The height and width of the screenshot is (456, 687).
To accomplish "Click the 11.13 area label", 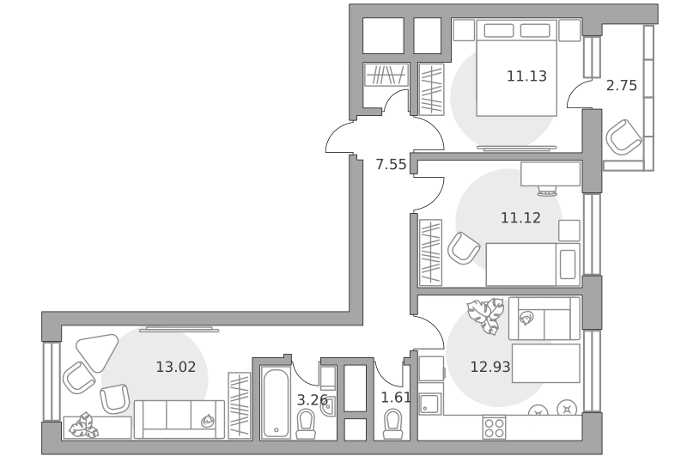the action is (526, 76).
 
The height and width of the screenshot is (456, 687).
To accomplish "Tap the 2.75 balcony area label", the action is (621, 85).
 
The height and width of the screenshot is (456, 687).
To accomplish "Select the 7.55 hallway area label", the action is (391, 164).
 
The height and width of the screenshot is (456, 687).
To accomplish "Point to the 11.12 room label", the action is (520, 218).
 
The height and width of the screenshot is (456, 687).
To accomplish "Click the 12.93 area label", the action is (490, 367).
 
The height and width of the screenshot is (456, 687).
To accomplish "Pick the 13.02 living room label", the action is (176, 367).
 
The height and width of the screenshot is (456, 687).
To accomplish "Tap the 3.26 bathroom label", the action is (312, 399).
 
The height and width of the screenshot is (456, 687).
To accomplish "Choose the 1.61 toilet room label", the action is (396, 398).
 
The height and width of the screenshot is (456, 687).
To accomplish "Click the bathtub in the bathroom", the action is (276, 403).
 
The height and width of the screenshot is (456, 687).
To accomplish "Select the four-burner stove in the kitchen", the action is (495, 427).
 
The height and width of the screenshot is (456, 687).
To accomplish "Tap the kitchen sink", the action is (431, 404).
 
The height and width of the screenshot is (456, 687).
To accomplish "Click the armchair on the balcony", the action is (623, 137).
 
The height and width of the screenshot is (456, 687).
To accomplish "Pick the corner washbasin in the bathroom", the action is (328, 406).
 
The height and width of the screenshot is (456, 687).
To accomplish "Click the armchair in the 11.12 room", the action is (464, 248).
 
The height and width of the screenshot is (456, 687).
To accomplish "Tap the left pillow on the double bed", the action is (499, 31).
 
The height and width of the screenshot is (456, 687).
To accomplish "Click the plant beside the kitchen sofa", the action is (485, 316).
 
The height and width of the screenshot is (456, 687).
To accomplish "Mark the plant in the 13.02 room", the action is (84, 425).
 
